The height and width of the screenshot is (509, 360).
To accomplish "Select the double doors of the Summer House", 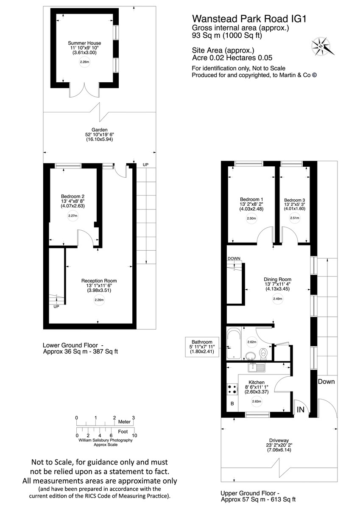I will click(85, 90).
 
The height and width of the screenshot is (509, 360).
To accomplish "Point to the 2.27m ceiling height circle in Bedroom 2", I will click(73, 216).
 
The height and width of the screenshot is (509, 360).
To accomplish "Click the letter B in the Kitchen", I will click(232, 404).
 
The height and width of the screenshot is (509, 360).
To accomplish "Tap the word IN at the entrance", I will click(301, 409).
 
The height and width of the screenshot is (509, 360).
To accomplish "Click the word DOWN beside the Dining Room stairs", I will click(234, 259).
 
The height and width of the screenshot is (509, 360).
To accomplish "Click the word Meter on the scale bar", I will click(124, 422).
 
